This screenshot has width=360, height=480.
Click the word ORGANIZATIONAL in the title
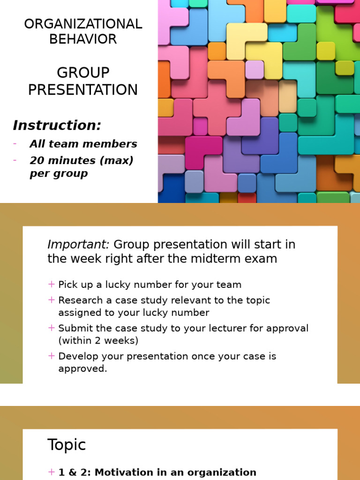[x=83, y=24]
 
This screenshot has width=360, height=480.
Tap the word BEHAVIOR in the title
[x=83, y=39]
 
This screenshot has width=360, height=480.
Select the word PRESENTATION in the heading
[x=83, y=90]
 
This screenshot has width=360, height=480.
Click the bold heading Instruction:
[x=57, y=125]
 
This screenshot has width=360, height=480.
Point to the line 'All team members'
[x=83, y=144]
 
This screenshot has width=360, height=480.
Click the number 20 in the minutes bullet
[x=37, y=160]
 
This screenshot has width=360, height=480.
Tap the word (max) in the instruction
[x=118, y=160]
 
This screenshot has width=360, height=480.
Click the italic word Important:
[x=78, y=244]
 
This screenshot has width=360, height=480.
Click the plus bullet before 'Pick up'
[x=52, y=284]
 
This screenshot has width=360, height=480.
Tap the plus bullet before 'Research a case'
[x=52, y=300]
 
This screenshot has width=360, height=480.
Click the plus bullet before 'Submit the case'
[x=52, y=328]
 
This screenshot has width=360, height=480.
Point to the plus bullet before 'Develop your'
[x=52, y=356]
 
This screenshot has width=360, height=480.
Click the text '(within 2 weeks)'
[x=98, y=341]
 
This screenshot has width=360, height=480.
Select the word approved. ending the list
[x=82, y=368]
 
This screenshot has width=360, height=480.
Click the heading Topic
[x=67, y=445]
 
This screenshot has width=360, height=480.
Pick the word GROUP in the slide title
[x=83, y=73]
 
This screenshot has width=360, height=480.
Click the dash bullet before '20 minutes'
[x=15, y=160]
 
